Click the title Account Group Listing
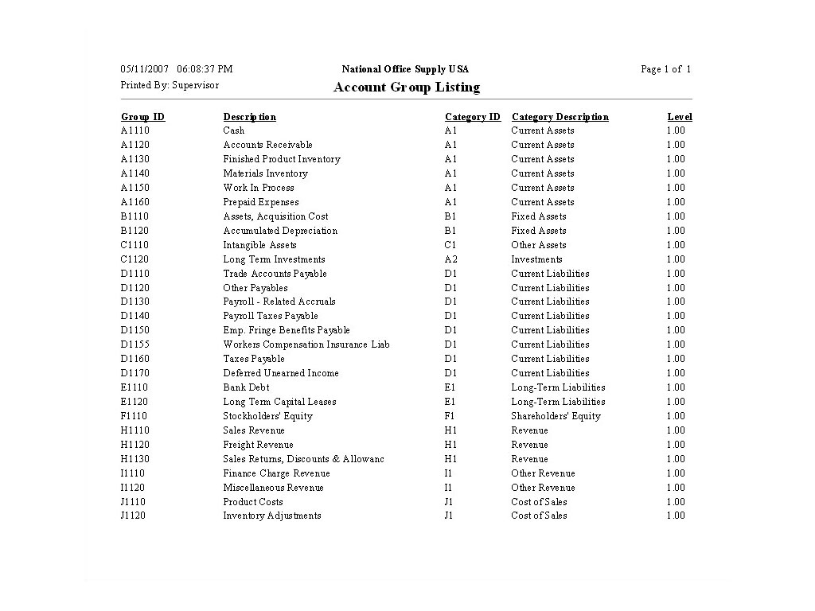[x=407, y=88]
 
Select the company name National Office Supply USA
[x=405, y=69]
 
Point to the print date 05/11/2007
[x=144, y=69]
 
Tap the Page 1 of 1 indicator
[x=665, y=69]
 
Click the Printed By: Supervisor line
[x=170, y=84]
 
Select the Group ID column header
[x=142, y=117]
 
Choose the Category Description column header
[x=560, y=117]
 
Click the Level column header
[x=679, y=117]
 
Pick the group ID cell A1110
[x=135, y=130]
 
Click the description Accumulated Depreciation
[x=280, y=231]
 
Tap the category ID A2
[x=451, y=259]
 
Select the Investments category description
[x=536, y=259]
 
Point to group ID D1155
[x=135, y=344]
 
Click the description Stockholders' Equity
[x=267, y=416]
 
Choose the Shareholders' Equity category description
[x=556, y=416]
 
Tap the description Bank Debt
[x=246, y=387]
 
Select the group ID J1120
[x=133, y=516]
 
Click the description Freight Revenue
[x=258, y=445]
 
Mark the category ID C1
[x=450, y=245]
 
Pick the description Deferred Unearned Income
[x=281, y=373]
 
